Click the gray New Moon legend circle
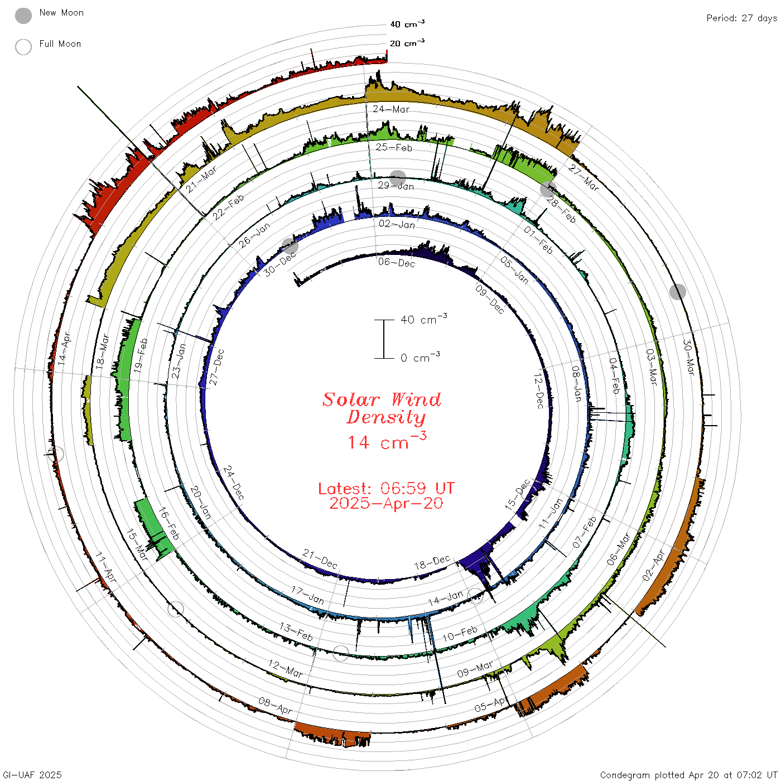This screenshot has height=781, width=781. (23, 16)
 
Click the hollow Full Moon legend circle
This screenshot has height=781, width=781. (23, 47)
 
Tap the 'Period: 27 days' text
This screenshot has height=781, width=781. (741, 18)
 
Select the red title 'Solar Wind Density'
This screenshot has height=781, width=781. (382, 408)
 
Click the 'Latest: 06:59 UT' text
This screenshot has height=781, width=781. (386, 488)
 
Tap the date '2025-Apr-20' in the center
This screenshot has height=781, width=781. (386, 503)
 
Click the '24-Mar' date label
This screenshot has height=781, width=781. (391, 109)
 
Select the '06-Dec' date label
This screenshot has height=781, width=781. (397, 263)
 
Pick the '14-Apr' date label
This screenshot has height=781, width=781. (64, 349)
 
